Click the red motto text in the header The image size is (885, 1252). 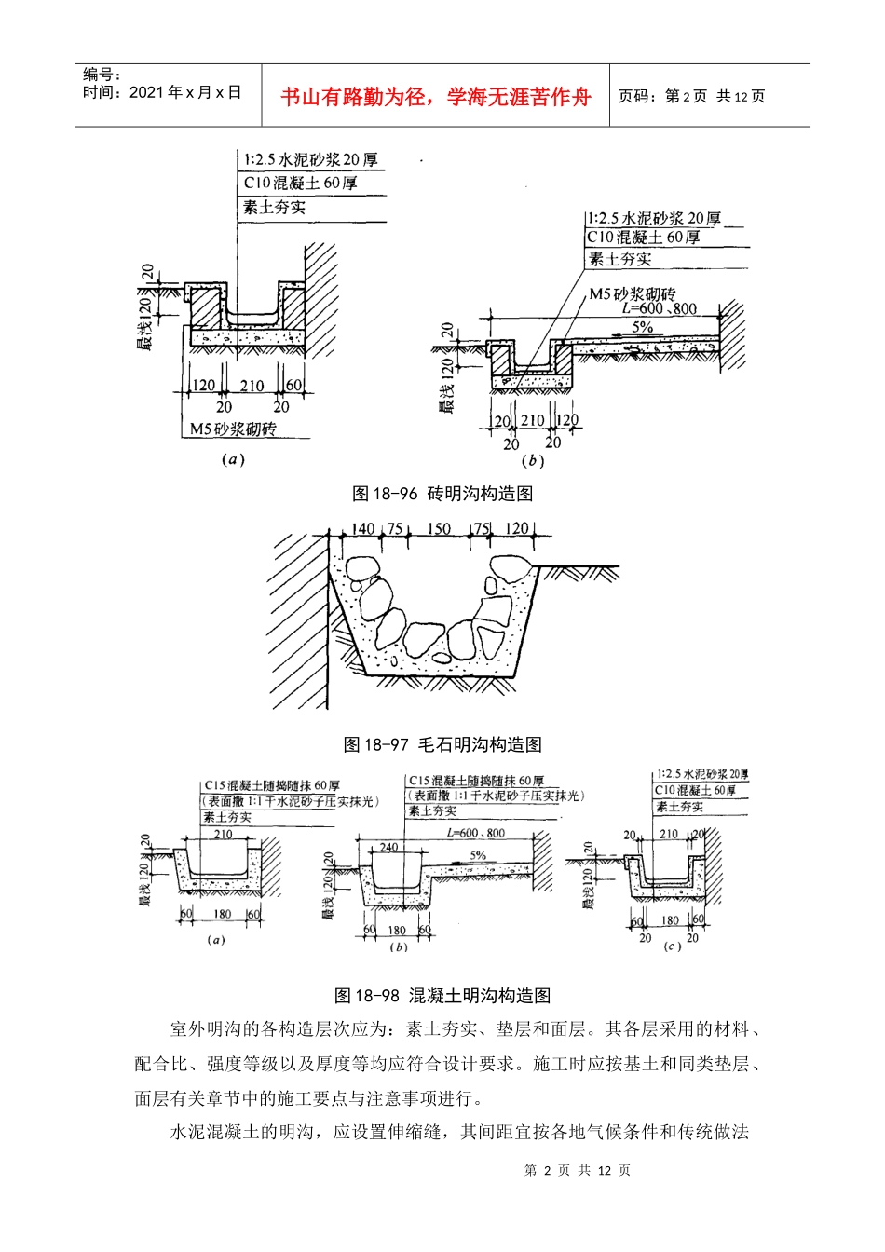click(x=435, y=97)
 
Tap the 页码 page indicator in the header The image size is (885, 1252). click(x=691, y=97)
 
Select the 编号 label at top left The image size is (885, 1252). click(x=102, y=75)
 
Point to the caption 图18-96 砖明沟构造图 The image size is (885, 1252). click(x=442, y=494)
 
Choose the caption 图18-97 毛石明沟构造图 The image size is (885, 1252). click(x=442, y=744)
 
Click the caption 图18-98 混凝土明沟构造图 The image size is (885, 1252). click(x=442, y=996)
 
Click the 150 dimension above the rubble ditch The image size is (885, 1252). click(x=439, y=529)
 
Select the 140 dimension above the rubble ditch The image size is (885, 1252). click(x=362, y=529)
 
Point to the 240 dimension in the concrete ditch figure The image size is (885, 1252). click(x=388, y=848)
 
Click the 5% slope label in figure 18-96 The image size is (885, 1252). click(x=643, y=328)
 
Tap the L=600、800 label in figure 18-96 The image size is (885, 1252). click(x=660, y=309)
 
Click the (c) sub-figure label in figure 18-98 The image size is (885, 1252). click(x=672, y=946)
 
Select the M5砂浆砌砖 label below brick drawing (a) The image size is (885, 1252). click(x=233, y=429)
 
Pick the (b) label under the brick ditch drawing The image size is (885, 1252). click(x=532, y=460)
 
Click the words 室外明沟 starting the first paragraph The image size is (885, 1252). click(x=206, y=1029)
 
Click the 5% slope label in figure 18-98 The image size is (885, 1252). click(x=478, y=855)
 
